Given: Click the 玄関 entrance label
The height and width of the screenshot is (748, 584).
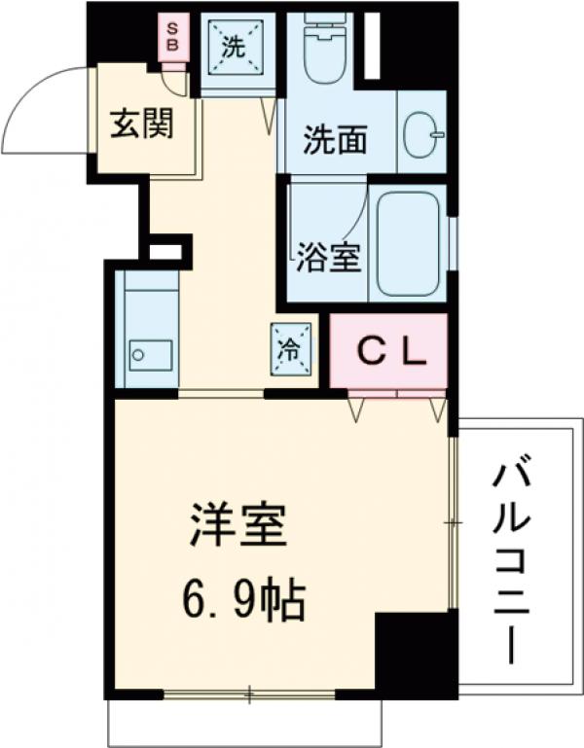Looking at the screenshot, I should [x=141, y=126].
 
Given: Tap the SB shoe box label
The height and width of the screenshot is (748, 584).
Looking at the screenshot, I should [x=172, y=37].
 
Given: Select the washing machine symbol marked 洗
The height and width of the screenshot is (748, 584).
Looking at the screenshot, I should [x=237, y=46].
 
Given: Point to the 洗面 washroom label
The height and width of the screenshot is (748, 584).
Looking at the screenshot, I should [x=334, y=142].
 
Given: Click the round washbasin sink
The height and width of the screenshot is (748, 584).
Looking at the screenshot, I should [x=421, y=133].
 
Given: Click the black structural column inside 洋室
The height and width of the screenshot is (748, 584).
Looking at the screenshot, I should [x=413, y=652].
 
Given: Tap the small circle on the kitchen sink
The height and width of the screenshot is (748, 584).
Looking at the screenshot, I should [x=137, y=354].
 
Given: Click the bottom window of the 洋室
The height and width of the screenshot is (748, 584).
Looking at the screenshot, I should [x=248, y=694].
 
